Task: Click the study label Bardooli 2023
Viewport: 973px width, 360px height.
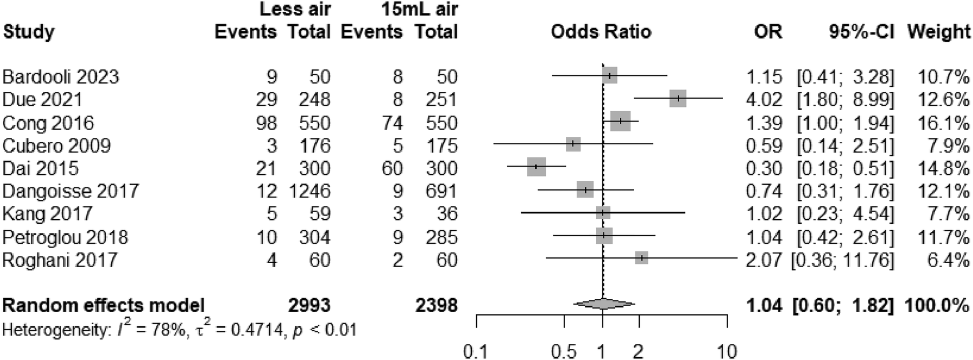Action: [61, 76]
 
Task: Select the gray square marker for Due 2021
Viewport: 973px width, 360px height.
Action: [678, 99]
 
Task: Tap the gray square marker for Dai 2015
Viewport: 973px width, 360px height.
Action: [536, 167]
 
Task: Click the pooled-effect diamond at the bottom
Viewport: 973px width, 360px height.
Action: [604, 304]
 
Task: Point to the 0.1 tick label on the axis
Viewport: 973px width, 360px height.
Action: [476, 352]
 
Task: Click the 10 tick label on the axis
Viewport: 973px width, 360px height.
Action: [727, 352]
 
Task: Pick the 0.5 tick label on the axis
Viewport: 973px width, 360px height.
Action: [564, 352]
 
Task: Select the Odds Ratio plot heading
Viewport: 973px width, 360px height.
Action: [601, 32]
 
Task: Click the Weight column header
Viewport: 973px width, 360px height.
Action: [939, 32]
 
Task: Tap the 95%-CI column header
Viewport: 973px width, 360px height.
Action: [861, 32]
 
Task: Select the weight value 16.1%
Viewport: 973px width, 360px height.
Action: [944, 122]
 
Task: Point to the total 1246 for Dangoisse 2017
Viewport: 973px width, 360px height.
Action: [309, 191]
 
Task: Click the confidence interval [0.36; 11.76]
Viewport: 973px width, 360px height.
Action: [842, 259]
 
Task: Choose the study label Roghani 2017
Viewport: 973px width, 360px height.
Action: [60, 259]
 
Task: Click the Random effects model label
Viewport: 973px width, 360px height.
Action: [103, 305]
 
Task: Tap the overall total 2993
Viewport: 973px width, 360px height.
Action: [309, 305]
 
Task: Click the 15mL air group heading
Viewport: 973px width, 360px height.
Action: [416, 8]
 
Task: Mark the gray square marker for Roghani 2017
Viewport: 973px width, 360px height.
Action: [641, 258]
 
